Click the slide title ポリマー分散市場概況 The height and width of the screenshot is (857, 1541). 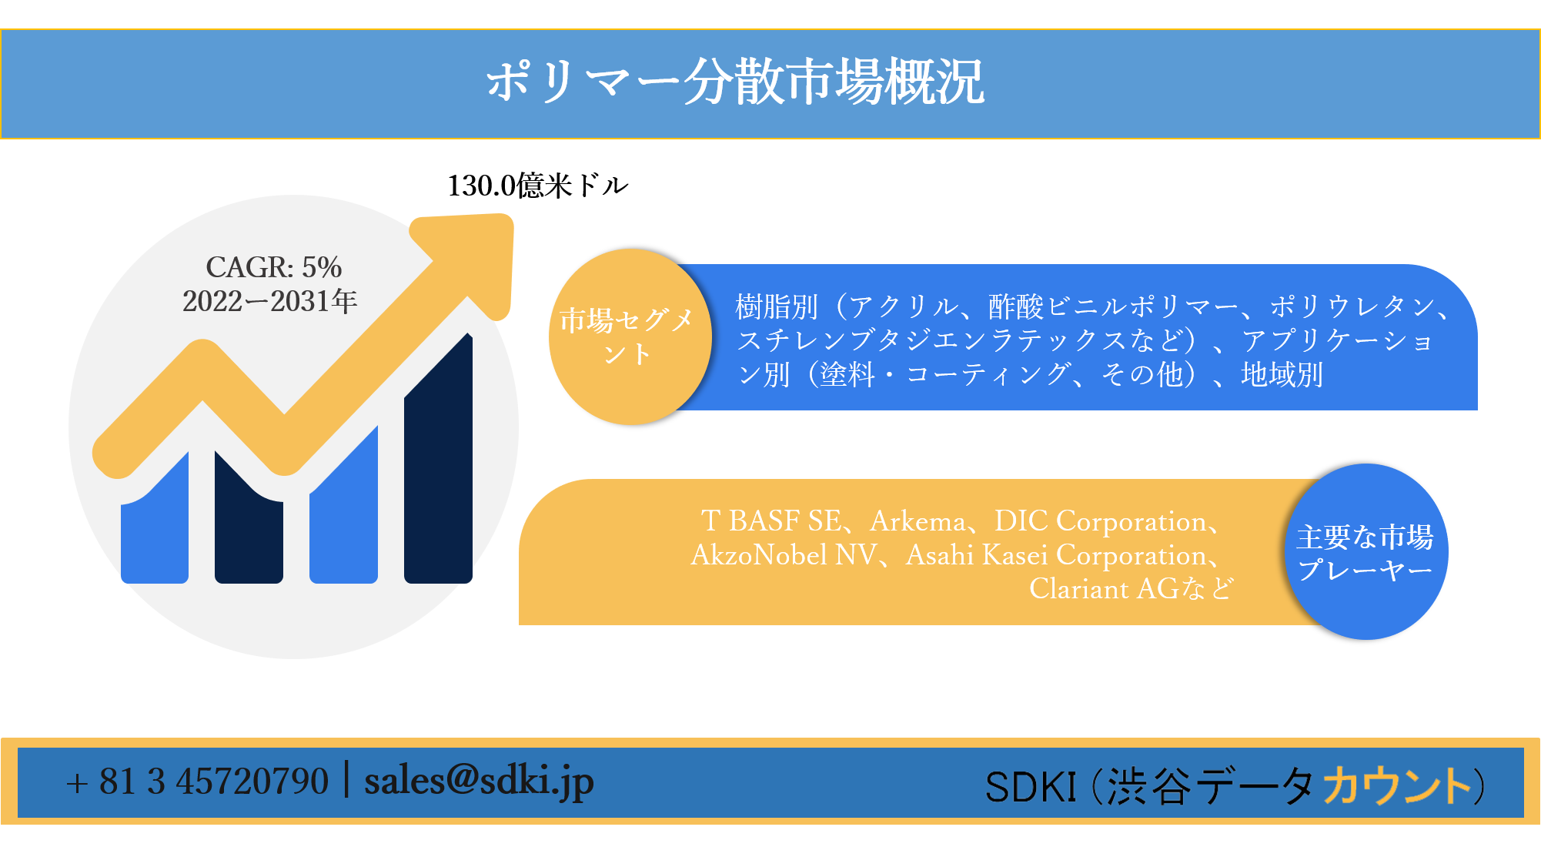click(x=735, y=82)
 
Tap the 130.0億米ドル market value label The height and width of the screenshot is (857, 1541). click(x=538, y=186)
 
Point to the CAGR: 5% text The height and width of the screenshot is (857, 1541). click(x=273, y=267)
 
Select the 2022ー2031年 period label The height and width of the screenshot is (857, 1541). click(x=270, y=301)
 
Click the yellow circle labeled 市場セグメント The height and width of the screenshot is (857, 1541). click(x=630, y=336)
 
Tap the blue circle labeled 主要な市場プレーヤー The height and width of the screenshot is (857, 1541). click(x=1366, y=551)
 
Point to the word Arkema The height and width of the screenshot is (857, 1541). click(x=918, y=521)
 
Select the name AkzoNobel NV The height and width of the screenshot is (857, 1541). click(x=784, y=555)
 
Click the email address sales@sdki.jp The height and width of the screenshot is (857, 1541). click(x=479, y=781)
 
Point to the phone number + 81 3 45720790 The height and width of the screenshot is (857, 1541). click(x=197, y=782)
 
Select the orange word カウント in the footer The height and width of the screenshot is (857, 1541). click(x=1397, y=785)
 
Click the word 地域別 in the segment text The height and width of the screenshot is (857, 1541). click(x=1282, y=375)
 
